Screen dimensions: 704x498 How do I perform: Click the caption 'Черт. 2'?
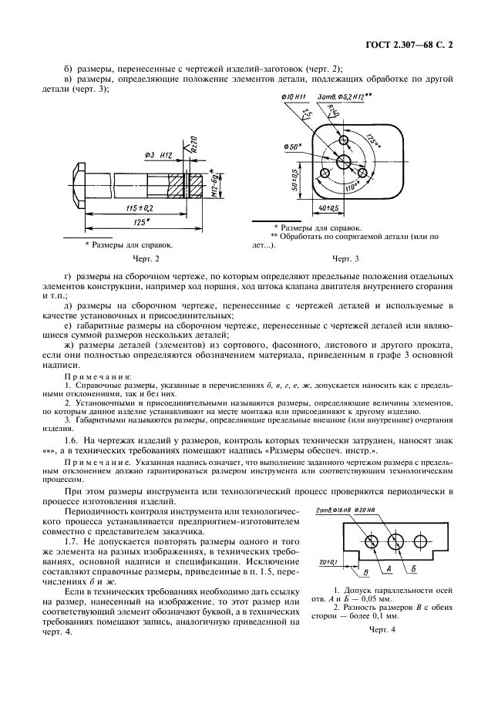(x=146, y=259)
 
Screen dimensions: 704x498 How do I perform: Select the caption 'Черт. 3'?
(x=346, y=259)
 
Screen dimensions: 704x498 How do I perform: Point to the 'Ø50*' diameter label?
(x=293, y=147)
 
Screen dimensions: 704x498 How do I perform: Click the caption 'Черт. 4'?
(x=382, y=630)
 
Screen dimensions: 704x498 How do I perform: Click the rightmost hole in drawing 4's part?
(x=396, y=538)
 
